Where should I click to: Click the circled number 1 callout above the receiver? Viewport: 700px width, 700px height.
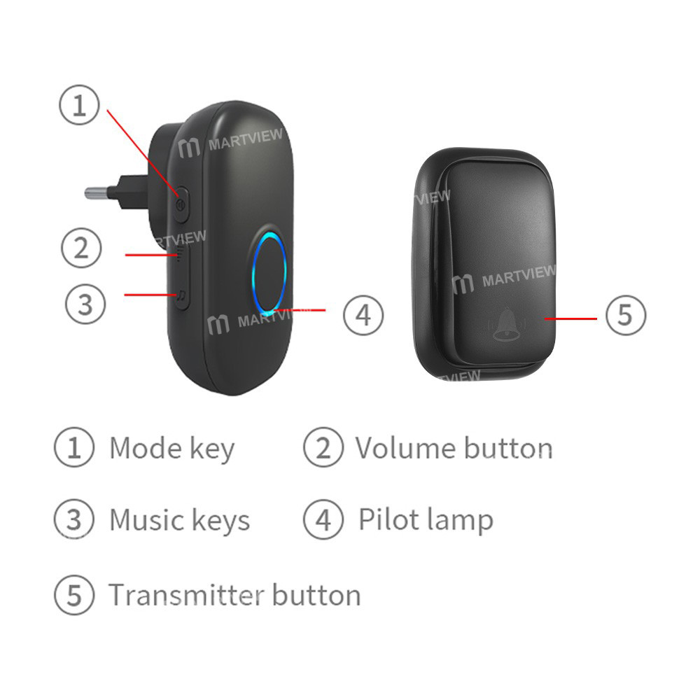pyautogui.click(x=78, y=107)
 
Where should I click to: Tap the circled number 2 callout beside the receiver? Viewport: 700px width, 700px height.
pyautogui.click(x=81, y=248)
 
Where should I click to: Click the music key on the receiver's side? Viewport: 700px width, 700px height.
pyautogui.click(x=181, y=298)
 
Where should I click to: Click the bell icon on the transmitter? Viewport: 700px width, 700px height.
pyautogui.click(x=505, y=325)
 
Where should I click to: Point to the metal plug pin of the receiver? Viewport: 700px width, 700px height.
pyautogui.click(x=105, y=192)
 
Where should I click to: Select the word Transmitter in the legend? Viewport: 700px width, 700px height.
pyautogui.click(x=186, y=595)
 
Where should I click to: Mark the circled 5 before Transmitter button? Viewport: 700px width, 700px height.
pyautogui.click(x=73, y=595)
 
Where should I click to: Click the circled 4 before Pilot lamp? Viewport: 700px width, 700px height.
pyautogui.click(x=323, y=519)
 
